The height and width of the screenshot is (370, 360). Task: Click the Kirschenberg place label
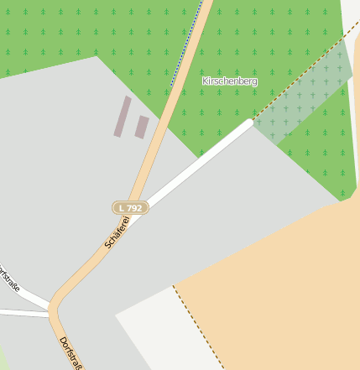coord(229,81)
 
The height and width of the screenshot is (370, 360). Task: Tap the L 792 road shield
coord(130,207)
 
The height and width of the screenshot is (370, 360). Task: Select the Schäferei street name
coord(117,232)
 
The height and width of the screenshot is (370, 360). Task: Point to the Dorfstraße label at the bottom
coord(70,353)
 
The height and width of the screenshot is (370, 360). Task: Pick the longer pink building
coord(123,116)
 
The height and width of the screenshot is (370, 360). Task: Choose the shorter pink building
coord(142,127)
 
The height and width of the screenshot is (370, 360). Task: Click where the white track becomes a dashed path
coord(252,122)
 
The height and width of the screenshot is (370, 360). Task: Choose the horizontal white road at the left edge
coord(21,313)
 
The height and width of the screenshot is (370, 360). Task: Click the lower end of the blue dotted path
coord(172,86)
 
